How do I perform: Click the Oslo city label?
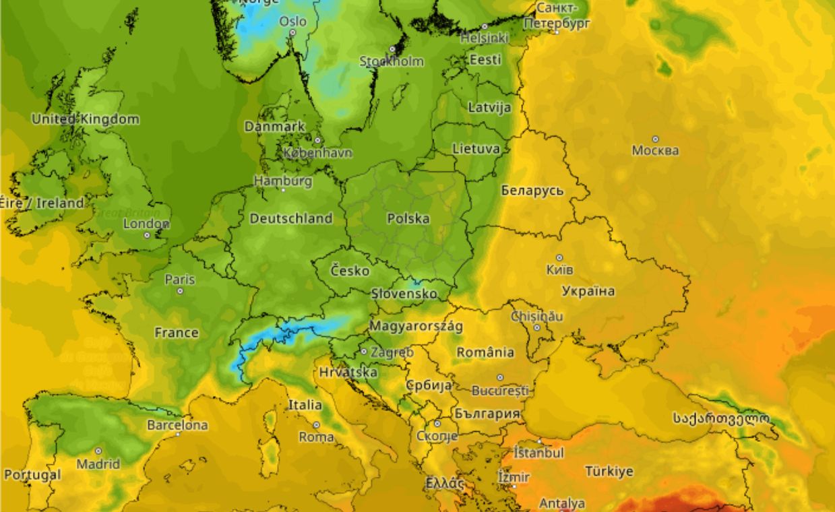(293, 22)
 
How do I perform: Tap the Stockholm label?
(392, 61)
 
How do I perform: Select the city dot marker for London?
(147, 235)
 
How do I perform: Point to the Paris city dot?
(180, 291)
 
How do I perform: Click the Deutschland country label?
(291, 218)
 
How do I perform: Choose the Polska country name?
(408, 218)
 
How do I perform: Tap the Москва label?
(655, 150)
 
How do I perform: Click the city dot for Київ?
(559, 257)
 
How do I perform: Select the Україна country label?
(588, 291)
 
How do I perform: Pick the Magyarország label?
(416, 327)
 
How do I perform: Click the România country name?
(485, 352)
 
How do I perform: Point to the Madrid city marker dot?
(98, 451)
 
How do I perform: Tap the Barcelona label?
(177, 425)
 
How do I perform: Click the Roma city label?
(316, 437)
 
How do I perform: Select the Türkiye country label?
(609, 471)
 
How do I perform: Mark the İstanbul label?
(538, 453)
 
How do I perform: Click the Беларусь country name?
(532, 191)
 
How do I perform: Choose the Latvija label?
(489, 107)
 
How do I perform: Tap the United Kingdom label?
(86, 119)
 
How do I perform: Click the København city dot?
(317, 141)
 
